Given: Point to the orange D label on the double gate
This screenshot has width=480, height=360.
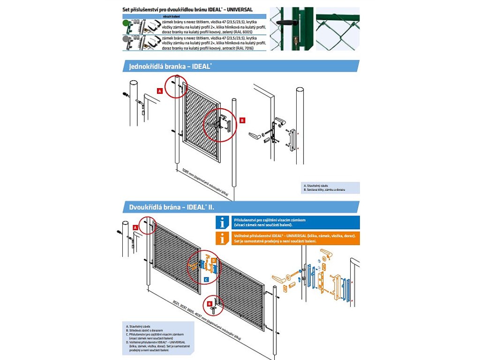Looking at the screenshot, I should [x=213, y=260].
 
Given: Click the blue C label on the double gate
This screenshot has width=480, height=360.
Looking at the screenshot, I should [x=206, y=279].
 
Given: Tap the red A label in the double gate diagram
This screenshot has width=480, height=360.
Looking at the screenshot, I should [x=135, y=227].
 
